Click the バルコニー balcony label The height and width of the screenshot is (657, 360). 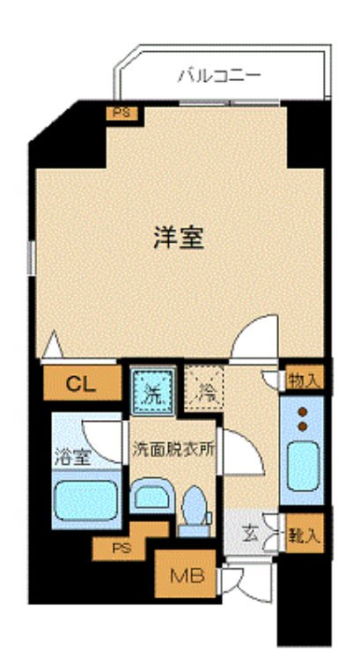pos(219,76)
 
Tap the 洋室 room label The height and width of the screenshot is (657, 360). pos(180,238)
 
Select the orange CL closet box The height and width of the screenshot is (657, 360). pos(81,382)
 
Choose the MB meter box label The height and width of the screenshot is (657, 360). pos(187,577)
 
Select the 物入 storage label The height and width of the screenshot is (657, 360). pos(304,380)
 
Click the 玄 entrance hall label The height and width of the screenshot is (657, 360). pos(251,534)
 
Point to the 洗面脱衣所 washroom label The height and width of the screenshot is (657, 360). pos(173,447)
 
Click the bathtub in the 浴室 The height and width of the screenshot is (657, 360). pos(86,498)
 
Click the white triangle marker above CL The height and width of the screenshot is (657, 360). pos(50,346)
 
